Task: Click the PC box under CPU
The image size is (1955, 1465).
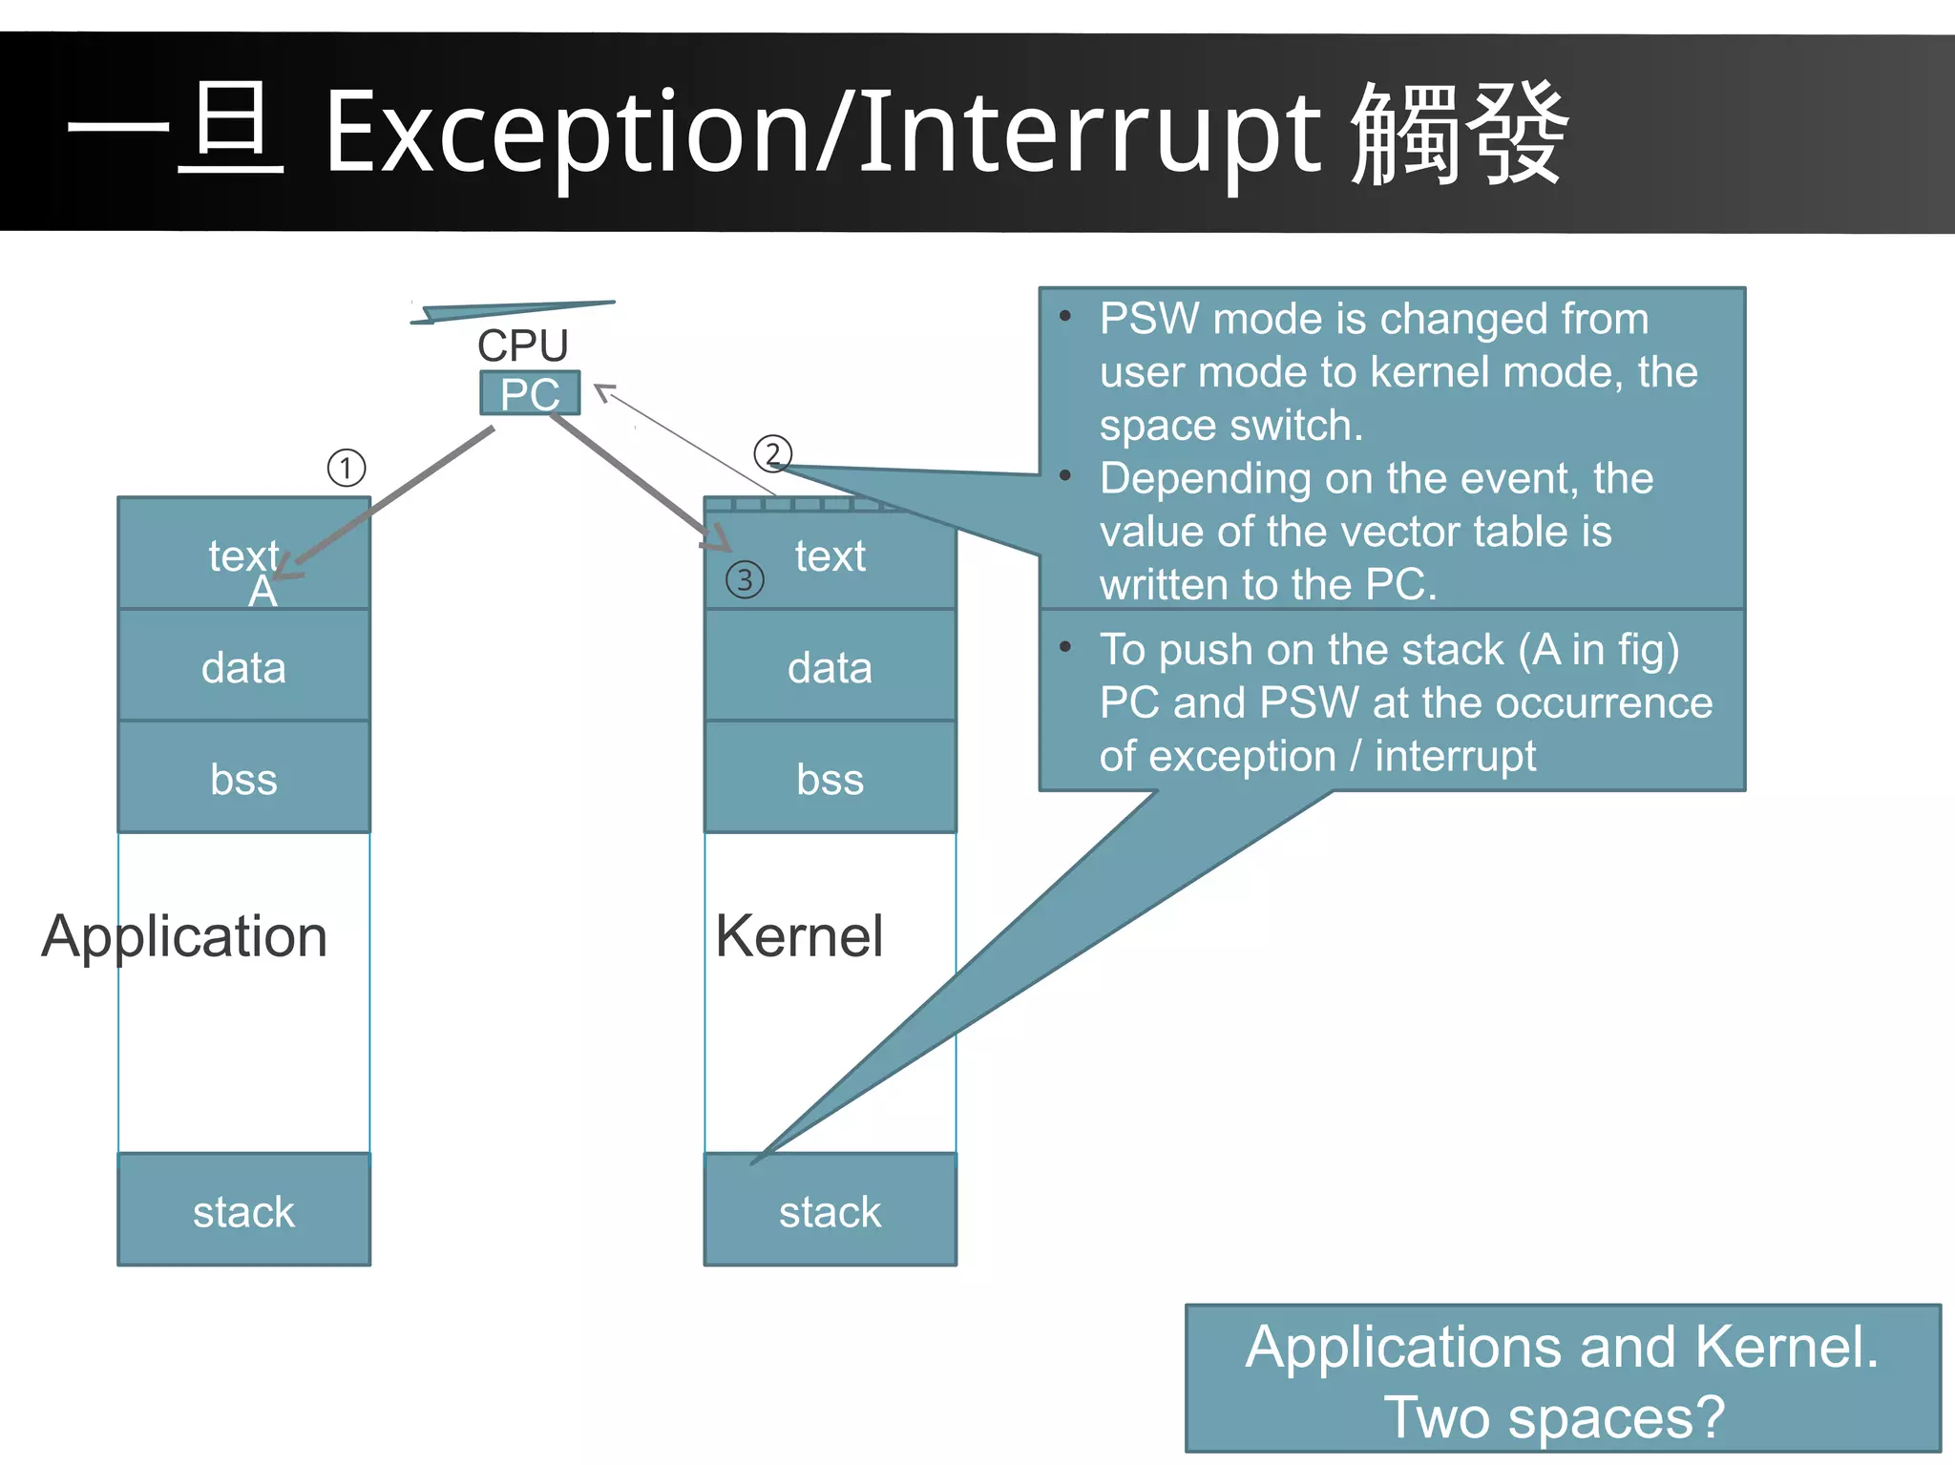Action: point(530,393)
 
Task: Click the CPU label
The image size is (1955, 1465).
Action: point(522,345)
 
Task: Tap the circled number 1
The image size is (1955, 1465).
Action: point(347,468)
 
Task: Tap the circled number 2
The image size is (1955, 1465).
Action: point(772,454)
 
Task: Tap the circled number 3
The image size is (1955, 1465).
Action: point(745,579)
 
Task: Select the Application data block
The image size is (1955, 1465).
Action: point(243,667)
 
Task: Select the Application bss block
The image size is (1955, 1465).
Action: point(243,779)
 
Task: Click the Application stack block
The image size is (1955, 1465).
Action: point(243,1211)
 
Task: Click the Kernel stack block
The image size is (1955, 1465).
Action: point(830,1211)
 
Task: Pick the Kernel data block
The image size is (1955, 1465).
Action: point(830,667)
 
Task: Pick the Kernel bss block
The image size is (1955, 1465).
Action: point(830,779)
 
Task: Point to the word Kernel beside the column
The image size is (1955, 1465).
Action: point(799,936)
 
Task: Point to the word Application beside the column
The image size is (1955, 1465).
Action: point(184,936)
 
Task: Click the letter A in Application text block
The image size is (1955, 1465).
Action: point(263,593)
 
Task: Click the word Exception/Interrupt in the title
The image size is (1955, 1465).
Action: point(823,134)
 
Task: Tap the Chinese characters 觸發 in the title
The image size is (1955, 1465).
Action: point(1460,134)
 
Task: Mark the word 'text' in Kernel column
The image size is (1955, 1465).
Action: point(830,555)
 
